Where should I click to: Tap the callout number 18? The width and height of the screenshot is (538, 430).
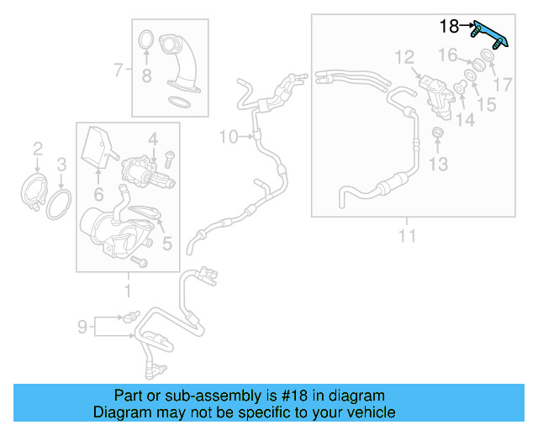[449, 26]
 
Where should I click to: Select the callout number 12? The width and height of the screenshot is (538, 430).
[404, 57]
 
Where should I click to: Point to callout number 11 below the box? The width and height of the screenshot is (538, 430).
[407, 236]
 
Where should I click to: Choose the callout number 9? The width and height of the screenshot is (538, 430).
[82, 326]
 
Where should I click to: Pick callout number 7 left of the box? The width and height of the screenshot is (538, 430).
[119, 69]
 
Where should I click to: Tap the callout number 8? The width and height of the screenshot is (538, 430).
[145, 77]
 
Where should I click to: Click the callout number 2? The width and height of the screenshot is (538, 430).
[38, 149]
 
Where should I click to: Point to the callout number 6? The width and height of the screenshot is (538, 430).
[98, 194]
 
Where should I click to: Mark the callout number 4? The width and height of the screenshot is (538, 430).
[153, 137]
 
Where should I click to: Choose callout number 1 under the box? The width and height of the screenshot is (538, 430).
[128, 291]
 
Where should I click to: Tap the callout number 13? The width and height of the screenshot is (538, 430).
[439, 164]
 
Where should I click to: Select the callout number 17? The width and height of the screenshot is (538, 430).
[503, 84]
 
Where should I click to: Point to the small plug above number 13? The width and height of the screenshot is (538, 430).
[438, 134]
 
